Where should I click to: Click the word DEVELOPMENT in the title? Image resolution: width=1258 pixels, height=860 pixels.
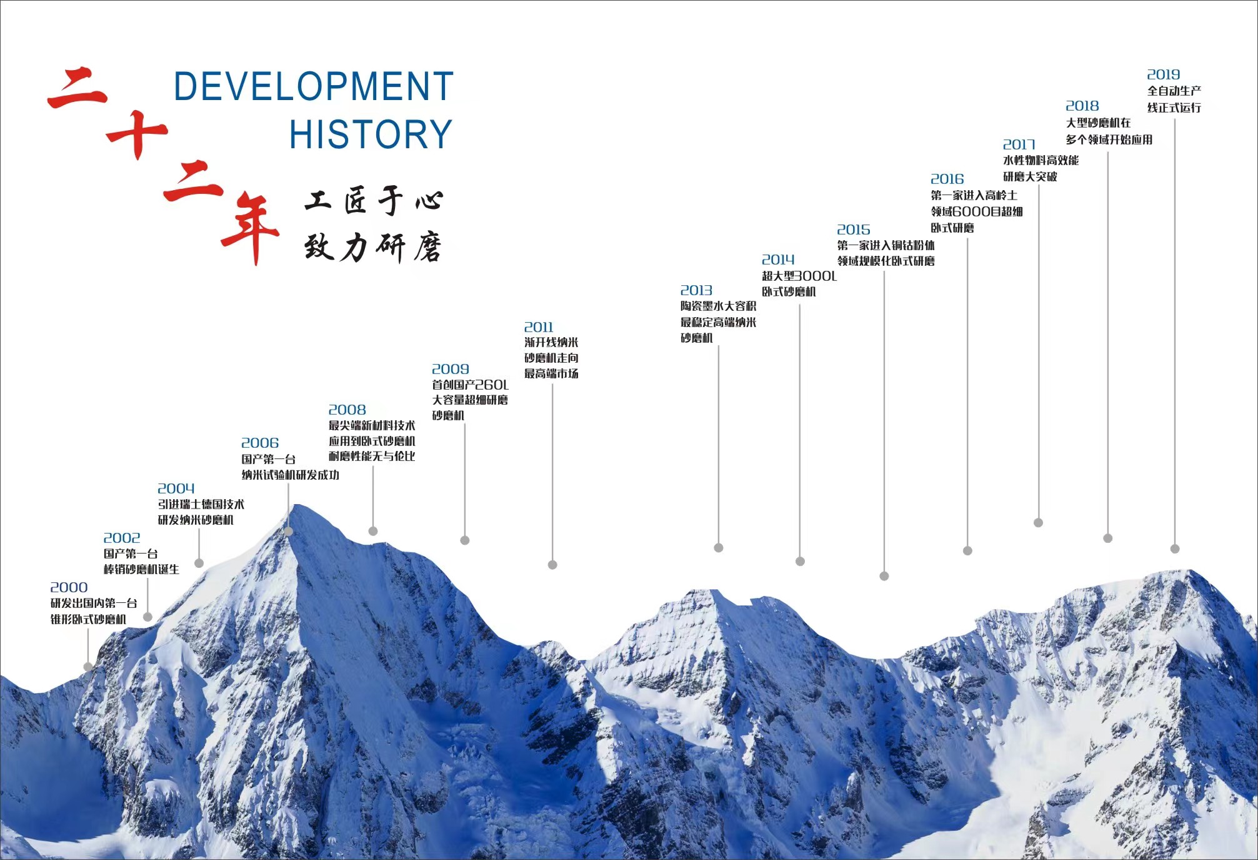(x=313, y=86)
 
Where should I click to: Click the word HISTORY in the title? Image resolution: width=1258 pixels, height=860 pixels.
(x=371, y=134)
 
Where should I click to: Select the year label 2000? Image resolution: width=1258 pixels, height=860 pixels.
(x=69, y=587)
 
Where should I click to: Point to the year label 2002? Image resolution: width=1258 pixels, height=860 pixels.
(x=122, y=538)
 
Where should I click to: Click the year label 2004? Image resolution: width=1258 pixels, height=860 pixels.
(x=176, y=488)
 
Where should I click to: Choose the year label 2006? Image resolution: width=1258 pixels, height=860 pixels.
(x=260, y=443)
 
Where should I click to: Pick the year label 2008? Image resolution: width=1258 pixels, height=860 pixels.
(x=347, y=410)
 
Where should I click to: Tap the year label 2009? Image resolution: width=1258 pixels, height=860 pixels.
(x=451, y=369)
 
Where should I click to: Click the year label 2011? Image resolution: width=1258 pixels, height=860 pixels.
(x=539, y=327)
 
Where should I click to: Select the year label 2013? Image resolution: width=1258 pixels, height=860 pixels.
(x=696, y=290)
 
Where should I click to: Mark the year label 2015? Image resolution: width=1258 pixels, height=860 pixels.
(x=854, y=230)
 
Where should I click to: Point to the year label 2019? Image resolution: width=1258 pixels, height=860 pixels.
(x=1164, y=74)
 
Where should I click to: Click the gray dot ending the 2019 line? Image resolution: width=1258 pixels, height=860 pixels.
(x=1175, y=549)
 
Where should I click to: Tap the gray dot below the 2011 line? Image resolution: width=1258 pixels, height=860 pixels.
(x=552, y=565)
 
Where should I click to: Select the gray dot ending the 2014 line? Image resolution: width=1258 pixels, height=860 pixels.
(x=800, y=562)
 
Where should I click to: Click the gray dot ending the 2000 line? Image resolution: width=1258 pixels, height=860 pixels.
(x=88, y=667)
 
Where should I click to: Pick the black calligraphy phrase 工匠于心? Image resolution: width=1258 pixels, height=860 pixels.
(x=374, y=201)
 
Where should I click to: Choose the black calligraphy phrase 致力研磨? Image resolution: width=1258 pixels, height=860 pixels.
(x=373, y=248)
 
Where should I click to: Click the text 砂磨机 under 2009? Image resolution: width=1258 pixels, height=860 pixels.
(x=448, y=415)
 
